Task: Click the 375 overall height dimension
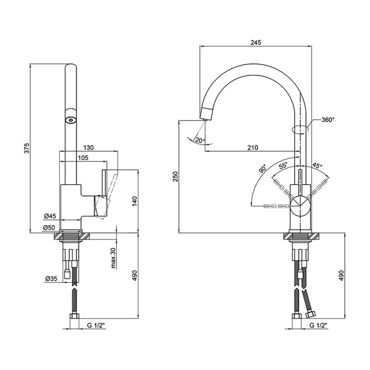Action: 27,148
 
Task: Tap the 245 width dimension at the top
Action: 256,42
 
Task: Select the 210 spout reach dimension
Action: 253,147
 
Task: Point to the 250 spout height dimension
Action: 176,176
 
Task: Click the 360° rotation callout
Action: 328,119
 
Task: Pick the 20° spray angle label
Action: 200,141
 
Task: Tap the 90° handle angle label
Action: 262,169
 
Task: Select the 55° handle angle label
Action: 283,165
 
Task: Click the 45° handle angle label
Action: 317,165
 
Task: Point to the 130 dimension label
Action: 88,147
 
